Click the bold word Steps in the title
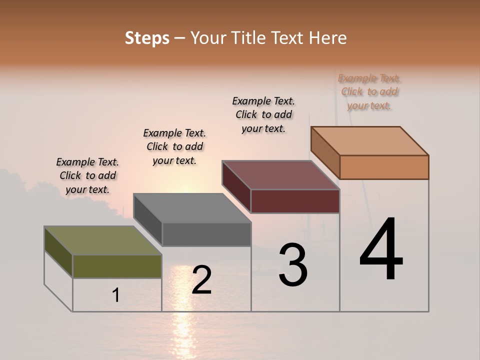point(147,38)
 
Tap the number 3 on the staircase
point(292,265)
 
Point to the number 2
point(201,280)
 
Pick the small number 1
point(115,295)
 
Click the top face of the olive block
point(103,240)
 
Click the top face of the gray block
point(192,208)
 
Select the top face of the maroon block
point(280,175)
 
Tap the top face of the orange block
point(369,141)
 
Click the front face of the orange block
point(384,167)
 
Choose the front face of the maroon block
point(295,201)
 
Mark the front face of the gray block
point(206,234)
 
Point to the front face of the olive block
point(117,266)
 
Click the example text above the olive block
point(87,175)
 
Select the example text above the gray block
point(174,146)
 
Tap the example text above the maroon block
point(263,114)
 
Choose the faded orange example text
point(369,91)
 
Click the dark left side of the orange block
point(325,152)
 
